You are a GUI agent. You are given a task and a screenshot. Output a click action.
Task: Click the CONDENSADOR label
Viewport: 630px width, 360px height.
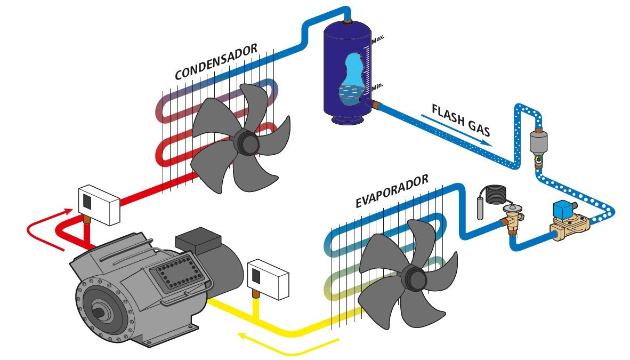(216, 62)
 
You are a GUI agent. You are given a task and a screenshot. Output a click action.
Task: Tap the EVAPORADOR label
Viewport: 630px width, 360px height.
(392, 190)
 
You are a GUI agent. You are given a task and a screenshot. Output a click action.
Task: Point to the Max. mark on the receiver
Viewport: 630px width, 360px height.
(378, 39)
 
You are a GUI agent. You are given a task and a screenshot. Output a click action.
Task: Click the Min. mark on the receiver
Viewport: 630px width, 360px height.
(377, 86)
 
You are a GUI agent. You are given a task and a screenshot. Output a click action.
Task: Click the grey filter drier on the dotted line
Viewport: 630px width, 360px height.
(539, 141)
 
